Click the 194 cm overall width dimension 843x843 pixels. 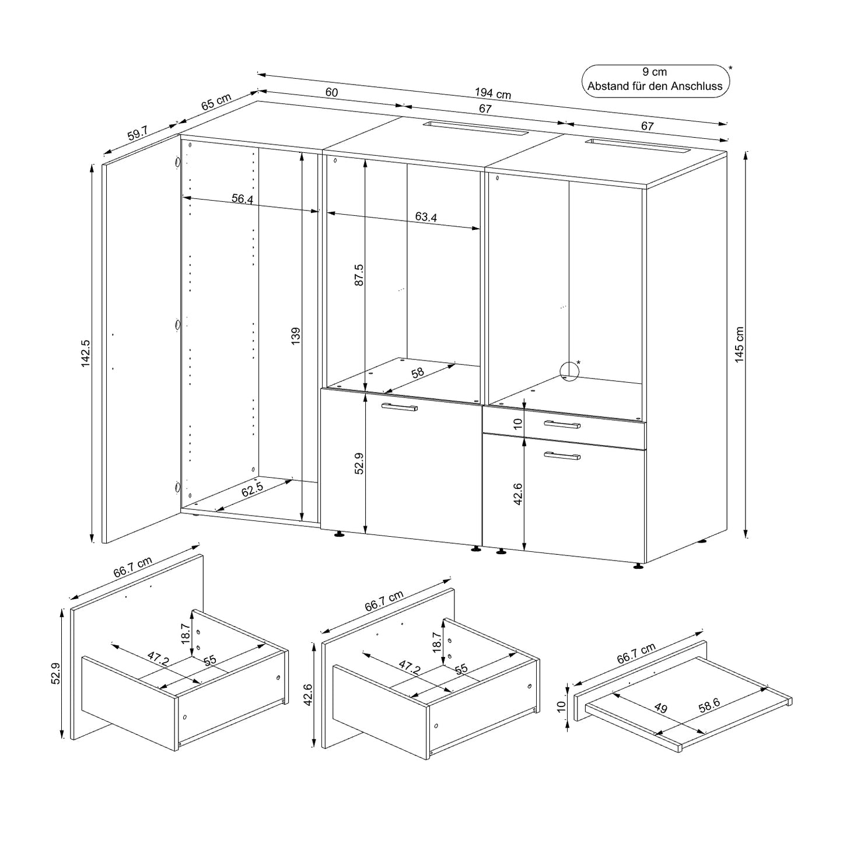click(492, 93)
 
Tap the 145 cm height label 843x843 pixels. click(739, 345)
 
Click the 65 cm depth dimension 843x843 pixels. click(216, 102)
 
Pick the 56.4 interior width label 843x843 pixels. click(242, 199)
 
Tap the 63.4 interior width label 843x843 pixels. click(426, 217)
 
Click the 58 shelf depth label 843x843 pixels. click(418, 373)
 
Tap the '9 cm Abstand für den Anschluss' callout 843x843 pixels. click(655, 80)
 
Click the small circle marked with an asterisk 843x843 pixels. click(568, 371)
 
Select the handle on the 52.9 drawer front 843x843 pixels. click(399, 407)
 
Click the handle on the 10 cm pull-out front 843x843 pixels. click(561, 424)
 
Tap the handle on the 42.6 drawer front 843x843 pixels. click(561, 456)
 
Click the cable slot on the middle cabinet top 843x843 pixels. click(474, 128)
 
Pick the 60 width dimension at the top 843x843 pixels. click(331, 92)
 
